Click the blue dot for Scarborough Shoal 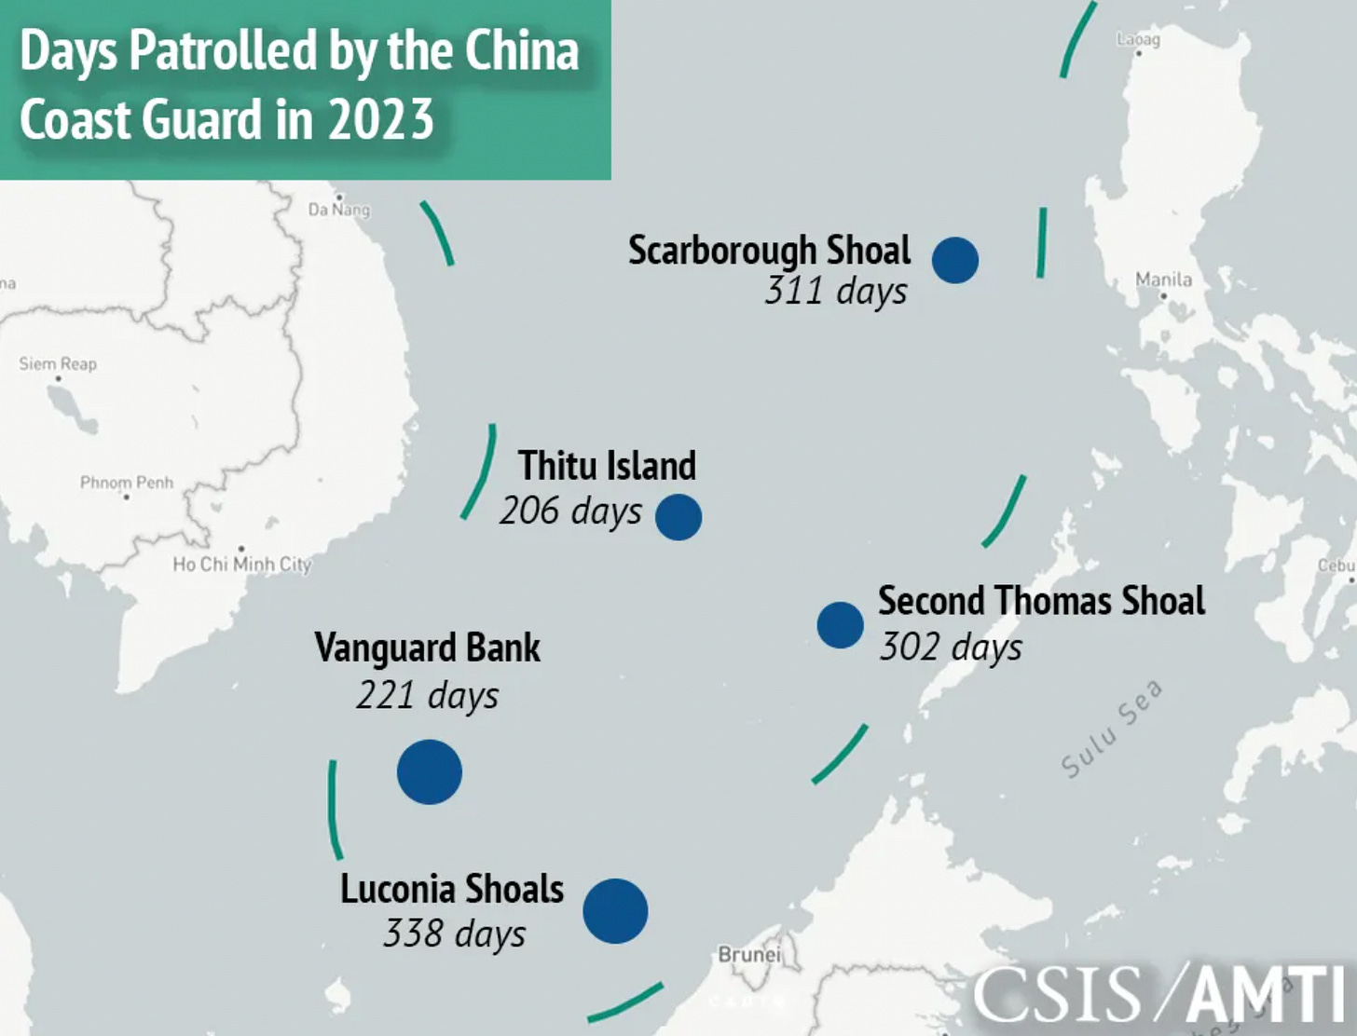click(x=955, y=260)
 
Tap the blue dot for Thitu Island click(x=678, y=517)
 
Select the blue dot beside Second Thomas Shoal click(x=840, y=625)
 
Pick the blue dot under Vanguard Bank click(x=430, y=771)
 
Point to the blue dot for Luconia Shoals click(x=615, y=910)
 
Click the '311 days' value click(x=835, y=291)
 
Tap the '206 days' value click(x=570, y=511)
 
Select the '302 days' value click(x=951, y=647)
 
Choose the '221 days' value click(x=427, y=695)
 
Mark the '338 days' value click(x=454, y=934)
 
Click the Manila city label click(x=1163, y=279)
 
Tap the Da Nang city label click(x=339, y=210)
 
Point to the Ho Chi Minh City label click(x=241, y=564)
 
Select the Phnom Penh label click(x=127, y=483)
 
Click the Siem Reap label click(x=58, y=363)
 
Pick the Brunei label click(x=749, y=955)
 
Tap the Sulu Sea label click(x=1112, y=729)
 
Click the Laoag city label click(x=1138, y=39)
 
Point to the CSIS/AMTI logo click(x=1160, y=995)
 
